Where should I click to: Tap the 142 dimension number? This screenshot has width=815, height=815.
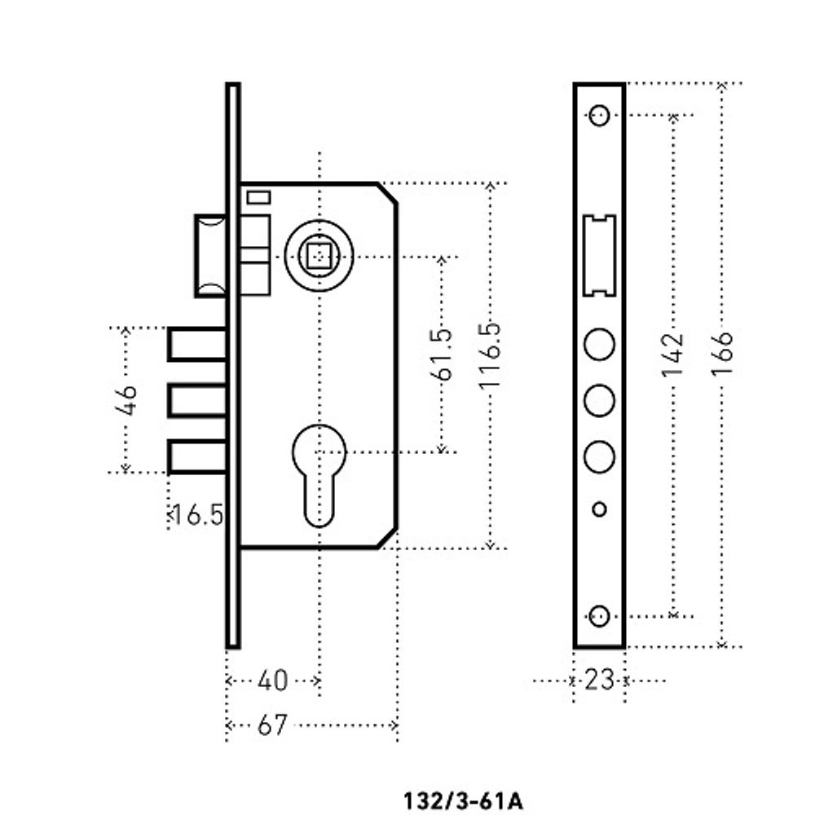[x=673, y=355]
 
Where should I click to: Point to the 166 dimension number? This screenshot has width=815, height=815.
[x=722, y=353]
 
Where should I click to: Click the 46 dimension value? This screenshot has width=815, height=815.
[x=126, y=399]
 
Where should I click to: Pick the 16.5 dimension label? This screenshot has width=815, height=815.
[x=196, y=515]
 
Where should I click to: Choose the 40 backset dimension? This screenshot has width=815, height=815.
[x=272, y=680]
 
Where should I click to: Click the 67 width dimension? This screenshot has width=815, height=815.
[x=272, y=725]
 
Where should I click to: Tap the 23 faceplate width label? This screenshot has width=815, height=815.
[x=599, y=680]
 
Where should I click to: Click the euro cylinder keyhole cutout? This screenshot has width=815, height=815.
[x=318, y=473]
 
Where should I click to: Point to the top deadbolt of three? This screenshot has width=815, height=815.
[x=196, y=344]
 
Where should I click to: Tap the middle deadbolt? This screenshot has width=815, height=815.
[x=196, y=400]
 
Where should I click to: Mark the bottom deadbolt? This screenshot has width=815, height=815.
[x=196, y=456]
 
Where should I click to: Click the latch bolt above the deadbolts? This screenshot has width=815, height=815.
[x=209, y=255]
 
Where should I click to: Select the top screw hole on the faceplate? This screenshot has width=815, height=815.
[x=599, y=115]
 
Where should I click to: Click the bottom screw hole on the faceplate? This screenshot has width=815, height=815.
[x=599, y=616]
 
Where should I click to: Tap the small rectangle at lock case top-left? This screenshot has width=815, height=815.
[x=259, y=196]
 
